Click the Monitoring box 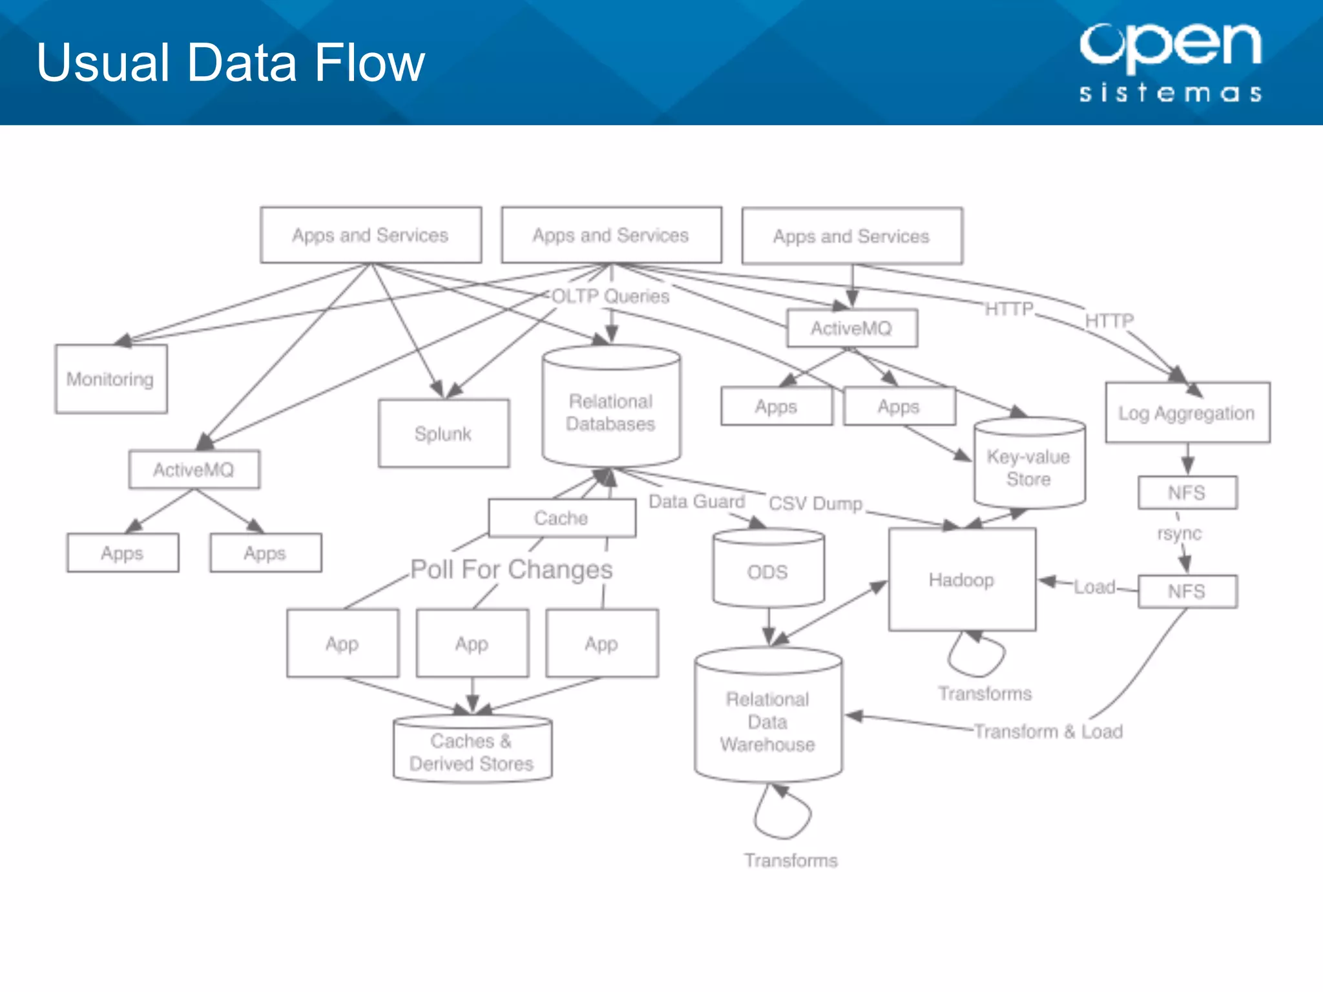[111, 379]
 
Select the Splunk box [443, 433]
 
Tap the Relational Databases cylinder [611, 412]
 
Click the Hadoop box [962, 580]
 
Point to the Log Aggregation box [1187, 413]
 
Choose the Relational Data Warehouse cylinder [768, 721]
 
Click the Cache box [561, 518]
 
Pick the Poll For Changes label [512, 570]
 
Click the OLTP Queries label [610, 296]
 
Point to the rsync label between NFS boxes [1180, 533]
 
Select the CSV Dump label [815, 503]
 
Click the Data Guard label [696, 502]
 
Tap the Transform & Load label [1048, 732]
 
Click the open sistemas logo [1171, 63]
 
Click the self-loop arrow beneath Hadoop [976, 655]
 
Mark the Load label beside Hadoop [1094, 587]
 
